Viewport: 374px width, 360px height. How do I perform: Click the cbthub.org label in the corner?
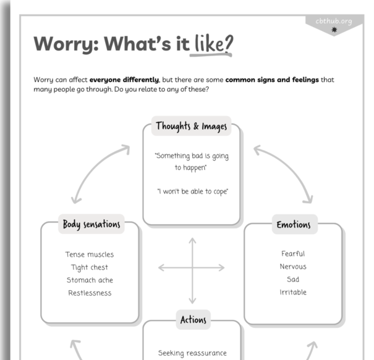(x=333, y=22)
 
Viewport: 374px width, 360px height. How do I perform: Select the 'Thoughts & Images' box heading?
(x=191, y=127)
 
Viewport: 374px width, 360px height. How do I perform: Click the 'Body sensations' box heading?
(x=91, y=224)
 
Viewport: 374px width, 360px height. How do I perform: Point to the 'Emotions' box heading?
(x=294, y=224)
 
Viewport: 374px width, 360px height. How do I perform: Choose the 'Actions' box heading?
(x=193, y=319)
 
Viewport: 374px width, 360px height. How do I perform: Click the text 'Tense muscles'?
(x=90, y=254)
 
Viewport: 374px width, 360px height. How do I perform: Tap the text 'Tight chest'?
(x=90, y=267)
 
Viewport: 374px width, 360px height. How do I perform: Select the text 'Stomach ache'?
(x=90, y=280)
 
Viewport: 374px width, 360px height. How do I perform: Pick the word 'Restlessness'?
(x=90, y=293)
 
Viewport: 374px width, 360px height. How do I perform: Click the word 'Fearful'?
(x=293, y=254)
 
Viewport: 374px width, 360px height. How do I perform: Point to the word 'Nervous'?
(x=293, y=267)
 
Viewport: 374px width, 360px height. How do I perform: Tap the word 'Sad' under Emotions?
(x=293, y=280)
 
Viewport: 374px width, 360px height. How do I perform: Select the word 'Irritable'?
(x=293, y=293)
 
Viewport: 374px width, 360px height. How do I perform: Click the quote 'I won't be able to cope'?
(x=193, y=191)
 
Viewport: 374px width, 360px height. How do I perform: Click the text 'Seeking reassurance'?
(x=192, y=353)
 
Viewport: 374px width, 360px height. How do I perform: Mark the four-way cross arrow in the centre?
(x=192, y=268)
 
